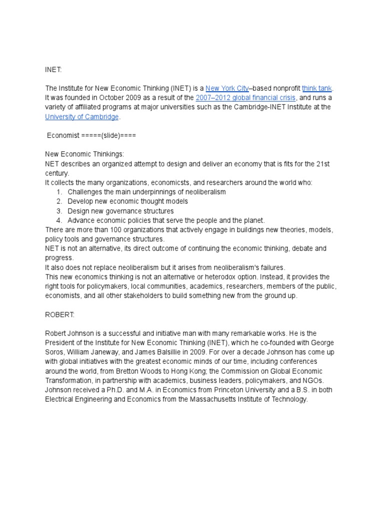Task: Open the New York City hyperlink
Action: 227,88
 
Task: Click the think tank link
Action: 317,88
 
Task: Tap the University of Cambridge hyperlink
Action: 82,117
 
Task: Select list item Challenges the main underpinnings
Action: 146,192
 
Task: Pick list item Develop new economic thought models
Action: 128,201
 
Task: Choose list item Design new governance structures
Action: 121,211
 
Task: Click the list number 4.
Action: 59,220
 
